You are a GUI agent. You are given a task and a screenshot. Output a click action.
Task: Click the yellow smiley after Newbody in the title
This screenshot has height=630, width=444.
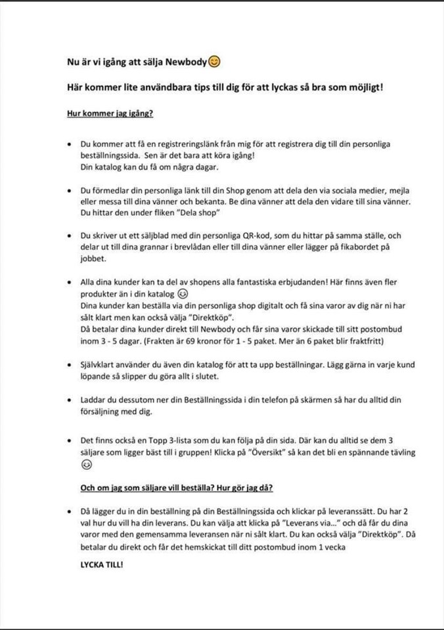214,62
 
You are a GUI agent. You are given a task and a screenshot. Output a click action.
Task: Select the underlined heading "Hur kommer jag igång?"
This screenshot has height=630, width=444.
110,113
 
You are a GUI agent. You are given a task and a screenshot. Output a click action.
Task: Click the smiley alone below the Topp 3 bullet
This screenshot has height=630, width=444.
85,465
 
